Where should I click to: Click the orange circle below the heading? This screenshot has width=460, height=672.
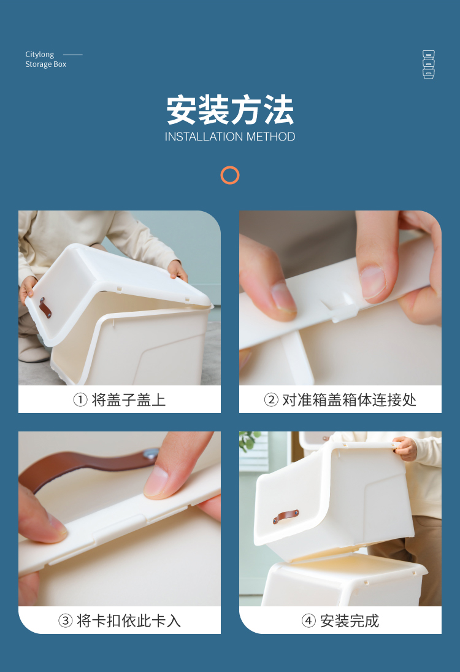[x=230, y=167]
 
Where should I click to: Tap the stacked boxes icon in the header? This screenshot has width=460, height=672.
[x=428, y=64]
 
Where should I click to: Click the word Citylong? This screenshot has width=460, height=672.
[x=39, y=55]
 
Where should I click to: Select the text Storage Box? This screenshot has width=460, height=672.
[x=46, y=64]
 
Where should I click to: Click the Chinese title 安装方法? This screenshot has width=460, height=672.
[x=230, y=110]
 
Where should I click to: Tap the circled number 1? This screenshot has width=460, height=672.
[x=80, y=400]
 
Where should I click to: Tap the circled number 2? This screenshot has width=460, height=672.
[x=270, y=400]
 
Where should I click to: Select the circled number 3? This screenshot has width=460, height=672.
[x=65, y=620]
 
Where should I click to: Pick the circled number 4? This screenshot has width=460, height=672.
[x=309, y=620]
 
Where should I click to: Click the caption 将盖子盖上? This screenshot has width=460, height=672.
[x=128, y=400]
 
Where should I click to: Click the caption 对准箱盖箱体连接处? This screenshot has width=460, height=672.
[x=349, y=400]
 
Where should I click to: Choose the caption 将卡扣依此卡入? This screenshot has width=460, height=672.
[x=128, y=620]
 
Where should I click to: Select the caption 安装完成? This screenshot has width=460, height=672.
[x=350, y=620]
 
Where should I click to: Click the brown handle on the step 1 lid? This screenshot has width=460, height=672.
[x=45, y=307]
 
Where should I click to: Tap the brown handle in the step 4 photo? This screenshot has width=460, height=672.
[x=286, y=517]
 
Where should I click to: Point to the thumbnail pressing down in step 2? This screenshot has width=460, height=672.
[x=372, y=282]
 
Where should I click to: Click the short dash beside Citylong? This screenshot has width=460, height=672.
[x=73, y=55]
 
